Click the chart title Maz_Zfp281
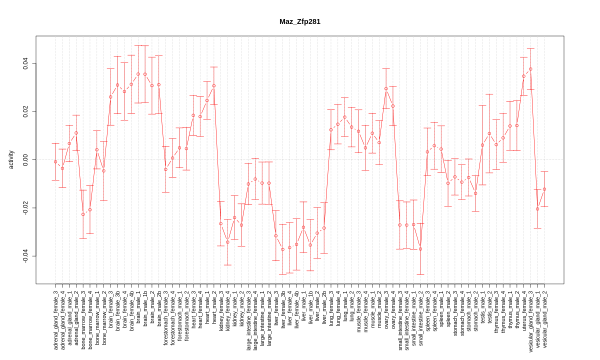tap(300, 21)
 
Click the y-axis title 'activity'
tap(11, 159)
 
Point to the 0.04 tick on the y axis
tap(25, 63)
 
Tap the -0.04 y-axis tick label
tap(25, 256)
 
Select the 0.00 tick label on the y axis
tap(25, 159)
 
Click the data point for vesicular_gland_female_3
tap(530, 69)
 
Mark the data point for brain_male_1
tap(138, 74)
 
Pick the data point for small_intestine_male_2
tap(420, 249)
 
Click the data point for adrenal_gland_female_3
tap(55, 161)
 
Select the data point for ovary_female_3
tap(386, 88)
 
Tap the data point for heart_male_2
tap(214, 85)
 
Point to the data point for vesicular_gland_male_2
tap(544, 189)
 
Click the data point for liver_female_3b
tap(282, 249)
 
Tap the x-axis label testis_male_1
tap(482, 311)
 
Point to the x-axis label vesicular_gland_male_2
tap(544, 319)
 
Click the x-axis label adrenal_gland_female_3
tap(55, 320)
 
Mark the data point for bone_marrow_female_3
tap(83, 214)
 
